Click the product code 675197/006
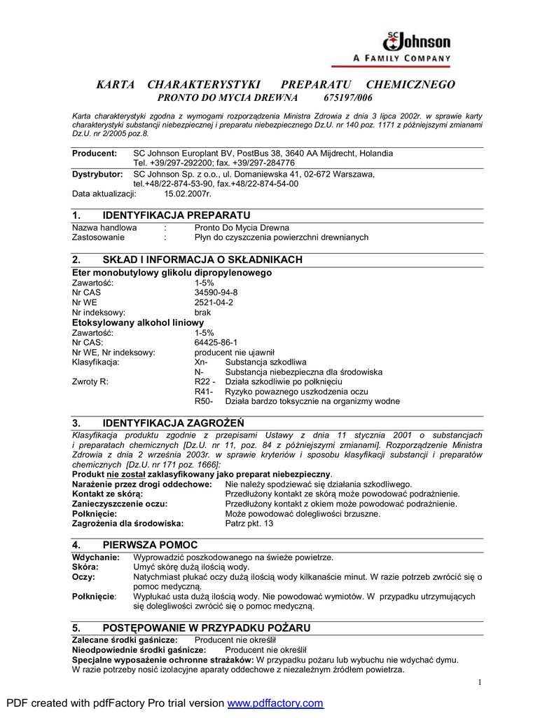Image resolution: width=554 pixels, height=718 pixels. click(348, 97)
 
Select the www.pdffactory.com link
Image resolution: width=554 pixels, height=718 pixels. click(276, 703)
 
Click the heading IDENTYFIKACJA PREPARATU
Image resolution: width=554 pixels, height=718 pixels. click(176, 215)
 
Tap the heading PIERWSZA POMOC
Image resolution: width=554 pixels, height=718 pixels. click(150, 545)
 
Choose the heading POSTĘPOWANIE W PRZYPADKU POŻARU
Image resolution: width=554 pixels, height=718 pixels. click(206, 628)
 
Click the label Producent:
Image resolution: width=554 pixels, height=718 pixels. click(95, 153)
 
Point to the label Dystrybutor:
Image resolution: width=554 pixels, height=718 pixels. click(97, 174)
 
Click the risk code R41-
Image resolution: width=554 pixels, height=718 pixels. click(203, 391)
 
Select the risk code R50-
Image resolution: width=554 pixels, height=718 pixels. click(203, 401)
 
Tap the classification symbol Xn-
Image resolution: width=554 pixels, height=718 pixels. click(201, 362)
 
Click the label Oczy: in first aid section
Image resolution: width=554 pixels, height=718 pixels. click(83, 576)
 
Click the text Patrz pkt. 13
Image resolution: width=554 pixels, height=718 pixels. click(249, 523)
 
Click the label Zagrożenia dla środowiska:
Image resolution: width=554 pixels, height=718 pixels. click(128, 523)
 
